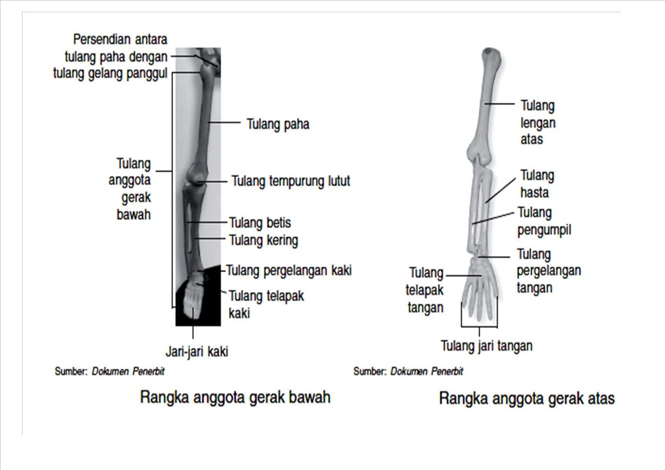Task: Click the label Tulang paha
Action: (x=278, y=124)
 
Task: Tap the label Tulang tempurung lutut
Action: (x=291, y=181)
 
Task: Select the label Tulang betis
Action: (x=260, y=223)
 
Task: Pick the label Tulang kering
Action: (x=264, y=240)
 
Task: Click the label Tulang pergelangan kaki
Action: (x=289, y=271)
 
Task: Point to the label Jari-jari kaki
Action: (x=197, y=352)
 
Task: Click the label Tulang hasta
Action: (x=537, y=184)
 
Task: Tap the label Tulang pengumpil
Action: (x=544, y=221)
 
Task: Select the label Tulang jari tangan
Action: (x=486, y=346)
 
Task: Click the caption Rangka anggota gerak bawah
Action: (x=235, y=397)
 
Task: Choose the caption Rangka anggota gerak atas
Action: (x=526, y=399)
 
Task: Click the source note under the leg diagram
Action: (x=109, y=371)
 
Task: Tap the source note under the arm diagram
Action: (x=408, y=371)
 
